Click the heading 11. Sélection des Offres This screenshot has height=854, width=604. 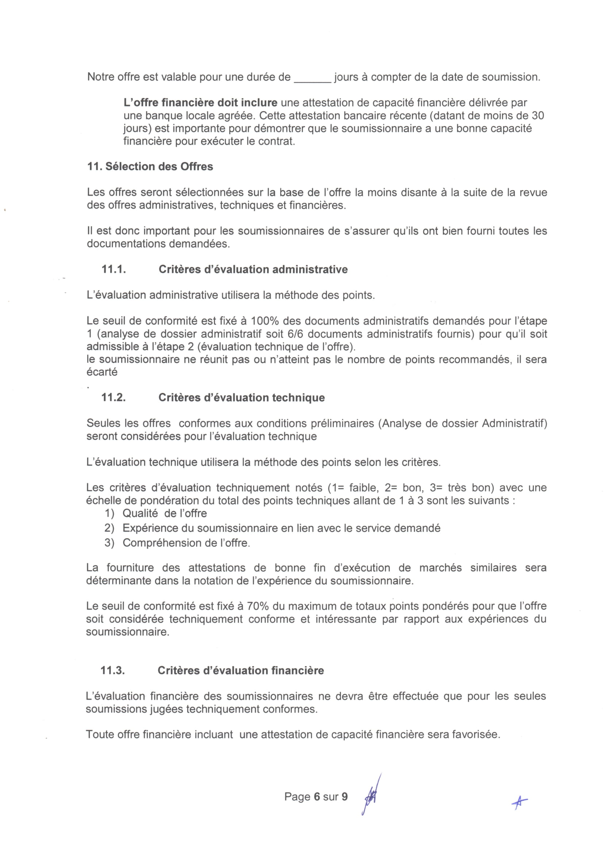click(150, 166)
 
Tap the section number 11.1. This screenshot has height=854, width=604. click(114, 269)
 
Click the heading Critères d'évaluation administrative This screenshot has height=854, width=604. click(253, 269)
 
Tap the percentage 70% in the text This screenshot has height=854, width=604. click(257, 606)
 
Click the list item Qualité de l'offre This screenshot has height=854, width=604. click(164, 513)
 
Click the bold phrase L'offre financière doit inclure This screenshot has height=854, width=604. click(200, 103)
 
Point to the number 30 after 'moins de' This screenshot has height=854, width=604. click(538, 116)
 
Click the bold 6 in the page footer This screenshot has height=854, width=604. click(317, 796)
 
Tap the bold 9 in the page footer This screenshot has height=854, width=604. click(345, 796)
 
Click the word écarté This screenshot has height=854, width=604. click(102, 372)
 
